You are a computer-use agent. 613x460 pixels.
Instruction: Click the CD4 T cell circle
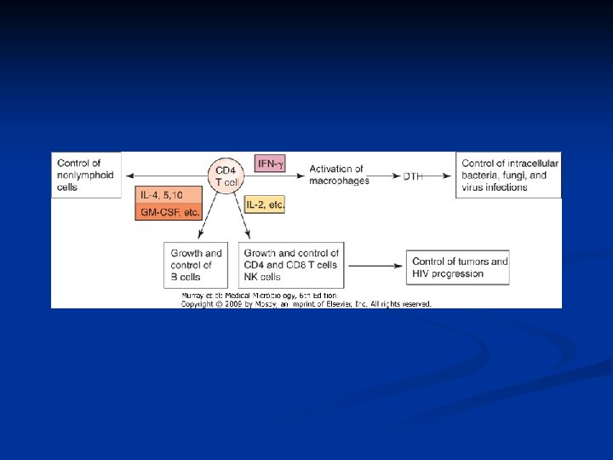(x=226, y=176)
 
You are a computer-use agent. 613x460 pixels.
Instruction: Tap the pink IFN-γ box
(x=272, y=163)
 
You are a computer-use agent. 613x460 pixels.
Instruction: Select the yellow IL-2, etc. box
(x=265, y=204)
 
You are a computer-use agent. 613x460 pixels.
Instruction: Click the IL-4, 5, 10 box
(x=168, y=193)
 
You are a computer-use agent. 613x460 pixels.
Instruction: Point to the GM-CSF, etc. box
(x=168, y=211)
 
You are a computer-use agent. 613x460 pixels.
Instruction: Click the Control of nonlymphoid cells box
(x=86, y=175)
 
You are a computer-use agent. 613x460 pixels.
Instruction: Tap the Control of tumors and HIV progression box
(x=460, y=267)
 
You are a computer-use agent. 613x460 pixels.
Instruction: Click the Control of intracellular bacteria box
(x=509, y=175)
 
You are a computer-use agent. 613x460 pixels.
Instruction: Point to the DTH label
(x=414, y=176)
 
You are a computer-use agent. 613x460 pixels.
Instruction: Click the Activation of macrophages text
(x=336, y=175)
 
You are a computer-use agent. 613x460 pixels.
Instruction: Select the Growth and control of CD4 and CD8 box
(x=292, y=264)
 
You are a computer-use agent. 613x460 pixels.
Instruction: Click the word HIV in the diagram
(x=422, y=273)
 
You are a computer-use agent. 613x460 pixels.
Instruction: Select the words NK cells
(x=262, y=277)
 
